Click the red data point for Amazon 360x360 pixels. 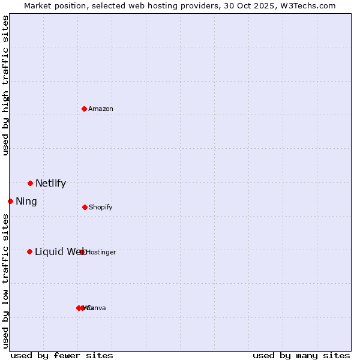(x=85, y=109)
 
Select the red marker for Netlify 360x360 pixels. (x=30, y=183)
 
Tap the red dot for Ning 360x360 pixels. (x=10, y=201)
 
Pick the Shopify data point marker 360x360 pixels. (x=85, y=207)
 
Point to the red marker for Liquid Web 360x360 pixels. (x=29, y=251)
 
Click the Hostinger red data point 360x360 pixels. (x=82, y=252)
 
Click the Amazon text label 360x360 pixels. (x=101, y=109)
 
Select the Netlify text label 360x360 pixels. (x=50, y=184)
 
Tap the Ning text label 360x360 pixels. (x=26, y=202)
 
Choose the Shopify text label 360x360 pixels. (x=101, y=207)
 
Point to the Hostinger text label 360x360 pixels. (x=101, y=252)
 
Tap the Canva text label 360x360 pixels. (x=97, y=308)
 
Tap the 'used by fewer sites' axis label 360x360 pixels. (x=62, y=355)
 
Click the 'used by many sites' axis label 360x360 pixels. (x=301, y=355)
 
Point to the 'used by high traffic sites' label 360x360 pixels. (x=5, y=85)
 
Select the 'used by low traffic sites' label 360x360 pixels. (x=5, y=281)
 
